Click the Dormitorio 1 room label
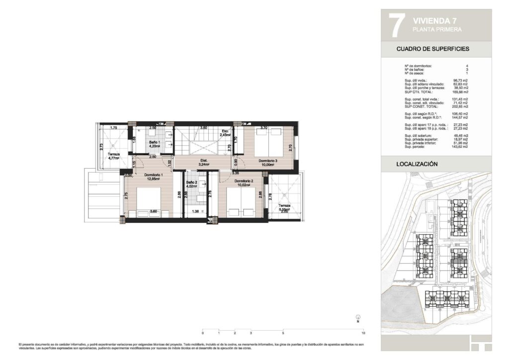click(x=152, y=175)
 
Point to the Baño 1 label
click(x=154, y=143)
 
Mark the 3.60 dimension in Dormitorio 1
click(x=154, y=212)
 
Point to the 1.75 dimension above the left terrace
click(x=113, y=128)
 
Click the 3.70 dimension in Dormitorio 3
click(x=264, y=128)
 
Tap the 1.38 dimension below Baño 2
click(x=195, y=212)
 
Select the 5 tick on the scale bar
click(x=283, y=333)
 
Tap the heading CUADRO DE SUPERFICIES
click(x=432, y=49)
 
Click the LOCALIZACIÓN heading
click(x=417, y=164)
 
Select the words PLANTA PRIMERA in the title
click(x=437, y=30)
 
